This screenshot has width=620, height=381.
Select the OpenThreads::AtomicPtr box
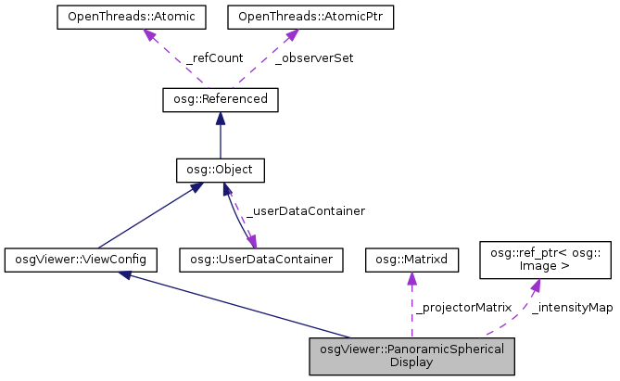coord(290,18)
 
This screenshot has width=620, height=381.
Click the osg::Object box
coord(220,170)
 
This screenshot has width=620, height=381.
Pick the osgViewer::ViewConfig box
coord(81,260)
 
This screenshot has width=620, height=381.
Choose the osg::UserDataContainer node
coord(262,260)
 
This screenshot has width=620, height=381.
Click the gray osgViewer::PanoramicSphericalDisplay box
coord(411,356)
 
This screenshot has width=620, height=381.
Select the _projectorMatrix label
coord(462,307)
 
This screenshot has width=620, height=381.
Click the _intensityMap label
coord(572,307)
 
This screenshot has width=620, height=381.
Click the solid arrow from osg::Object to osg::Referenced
coord(220,134)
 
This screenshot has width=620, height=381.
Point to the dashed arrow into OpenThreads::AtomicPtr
coord(269,57)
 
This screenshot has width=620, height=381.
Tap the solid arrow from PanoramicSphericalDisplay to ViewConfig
coord(241,306)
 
